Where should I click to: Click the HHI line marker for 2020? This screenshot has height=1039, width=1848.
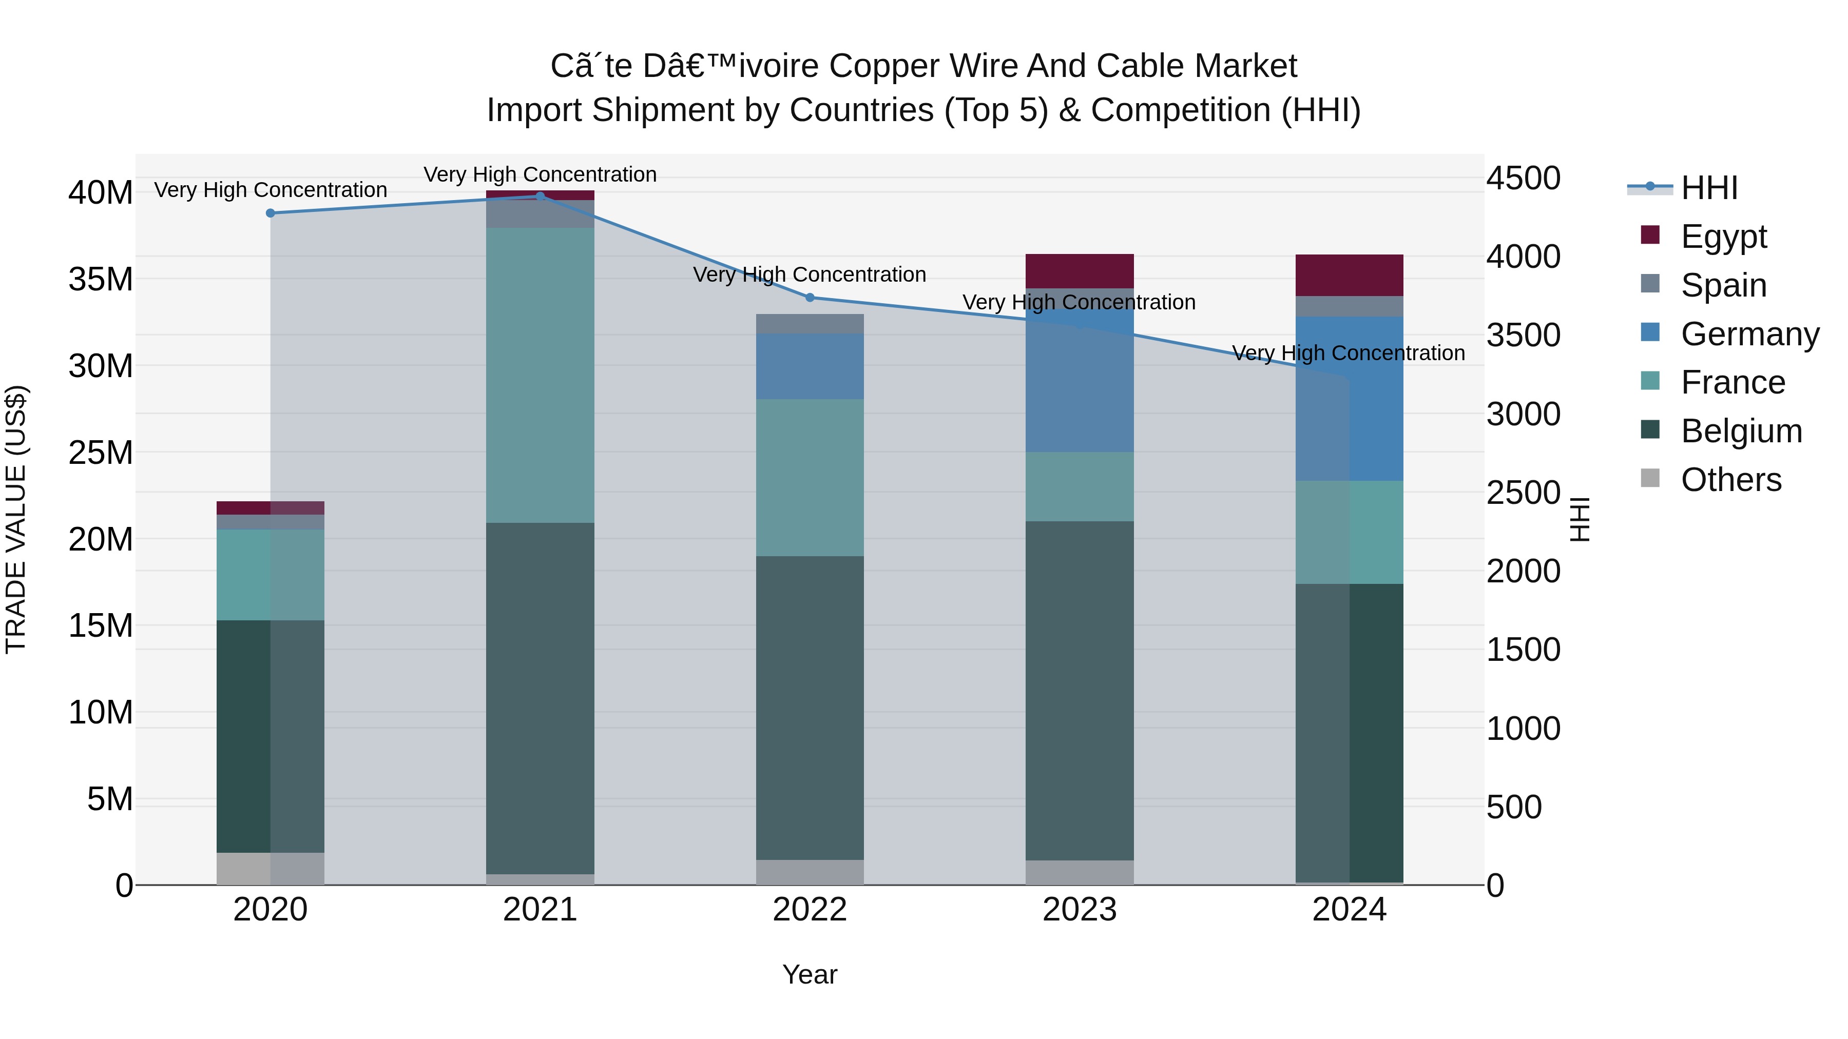click(x=271, y=213)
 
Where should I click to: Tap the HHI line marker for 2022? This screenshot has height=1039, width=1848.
click(x=810, y=298)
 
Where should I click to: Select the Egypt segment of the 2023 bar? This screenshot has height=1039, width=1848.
click(x=1079, y=271)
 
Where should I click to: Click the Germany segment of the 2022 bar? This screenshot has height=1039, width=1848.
click(x=810, y=366)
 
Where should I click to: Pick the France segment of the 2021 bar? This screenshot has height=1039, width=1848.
click(x=540, y=375)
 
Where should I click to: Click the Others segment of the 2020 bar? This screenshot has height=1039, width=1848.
click(x=271, y=868)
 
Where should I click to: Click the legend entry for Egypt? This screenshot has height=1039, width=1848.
click(x=1723, y=237)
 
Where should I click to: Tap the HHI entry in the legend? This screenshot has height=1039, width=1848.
click(x=1709, y=188)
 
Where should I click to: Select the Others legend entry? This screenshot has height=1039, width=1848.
click(x=1730, y=480)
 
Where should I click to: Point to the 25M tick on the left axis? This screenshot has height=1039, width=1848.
click(x=101, y=453)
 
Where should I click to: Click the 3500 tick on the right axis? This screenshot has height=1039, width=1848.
click(x=1523, y=335)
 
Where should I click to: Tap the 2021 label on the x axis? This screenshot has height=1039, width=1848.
click(x=540, y=910)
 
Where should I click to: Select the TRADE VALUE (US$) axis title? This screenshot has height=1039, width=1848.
click(x=16, y=519)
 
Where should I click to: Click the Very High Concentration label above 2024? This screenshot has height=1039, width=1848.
click(x=1348, y=353)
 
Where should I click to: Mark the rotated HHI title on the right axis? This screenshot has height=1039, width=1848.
click(x=1580, y=519)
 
